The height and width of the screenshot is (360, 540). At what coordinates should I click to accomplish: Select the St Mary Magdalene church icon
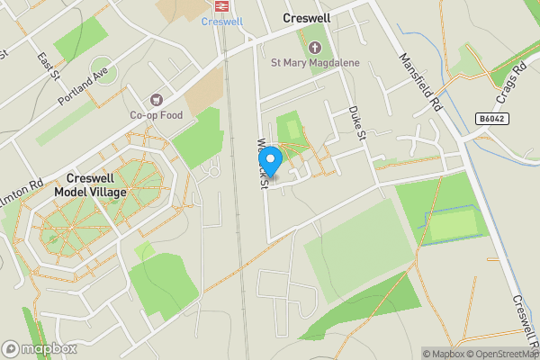[315, 47]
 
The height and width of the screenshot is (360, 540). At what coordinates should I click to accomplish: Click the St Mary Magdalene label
[314, 63]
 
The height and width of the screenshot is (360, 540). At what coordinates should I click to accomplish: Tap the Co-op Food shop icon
[157, 99]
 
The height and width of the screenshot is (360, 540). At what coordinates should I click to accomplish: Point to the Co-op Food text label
[157, 115]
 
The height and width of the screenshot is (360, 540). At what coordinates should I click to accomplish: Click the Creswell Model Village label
[90, 185]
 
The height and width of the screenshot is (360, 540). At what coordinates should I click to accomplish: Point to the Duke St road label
[356, 124]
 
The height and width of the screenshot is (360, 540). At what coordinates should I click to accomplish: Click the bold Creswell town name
[307, 18]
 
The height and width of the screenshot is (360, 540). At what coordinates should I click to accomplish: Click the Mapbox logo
[38, 348]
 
